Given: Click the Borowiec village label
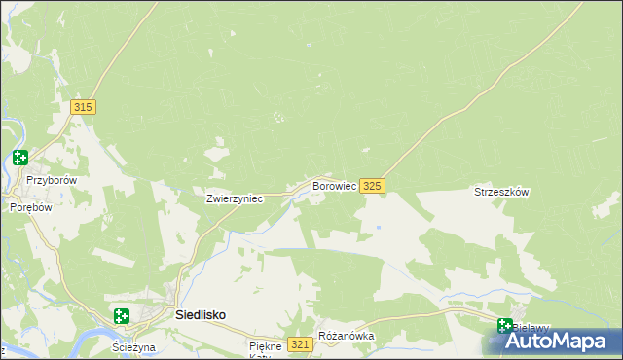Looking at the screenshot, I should click(333, 185).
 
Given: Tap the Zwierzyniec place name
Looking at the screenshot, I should click(235, 198).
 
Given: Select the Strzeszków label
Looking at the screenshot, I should click(501, 193).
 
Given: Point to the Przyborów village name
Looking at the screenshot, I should click(52, 180).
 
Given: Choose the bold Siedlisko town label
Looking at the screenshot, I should click(201, 316).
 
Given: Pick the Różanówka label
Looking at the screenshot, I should click(346, 336).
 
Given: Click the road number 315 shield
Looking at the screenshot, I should click(83, 107).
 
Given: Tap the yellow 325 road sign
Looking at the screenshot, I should click(372, 185).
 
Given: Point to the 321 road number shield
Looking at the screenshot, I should click(300, 345).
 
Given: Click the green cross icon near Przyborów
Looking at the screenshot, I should click(19, 158).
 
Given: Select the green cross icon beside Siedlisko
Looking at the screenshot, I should click(122, 316).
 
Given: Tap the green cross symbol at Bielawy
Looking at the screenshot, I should click(505, 327).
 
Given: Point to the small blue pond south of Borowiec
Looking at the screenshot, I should click(378, 228).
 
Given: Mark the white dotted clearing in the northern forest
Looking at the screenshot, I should click(279, 119).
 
